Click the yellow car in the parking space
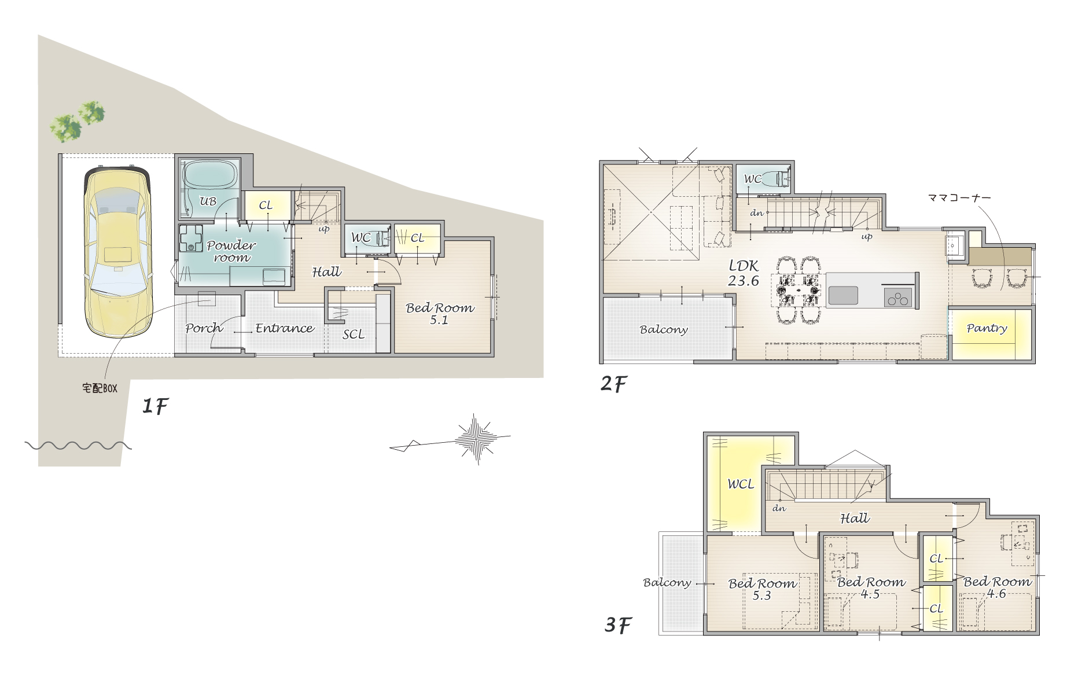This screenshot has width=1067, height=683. point(118,254)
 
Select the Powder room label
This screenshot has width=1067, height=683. point(231,251)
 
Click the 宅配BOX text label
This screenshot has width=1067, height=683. point(100,388)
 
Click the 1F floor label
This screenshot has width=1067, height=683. point(155,406)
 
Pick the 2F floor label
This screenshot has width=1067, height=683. point(614,383)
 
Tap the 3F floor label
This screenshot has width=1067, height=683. point(618,625)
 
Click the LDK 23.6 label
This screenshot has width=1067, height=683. point(744,273)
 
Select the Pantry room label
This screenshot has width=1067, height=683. point(987,328)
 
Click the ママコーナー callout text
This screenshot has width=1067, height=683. point(959,197)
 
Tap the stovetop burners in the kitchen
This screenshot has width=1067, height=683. point(897,298)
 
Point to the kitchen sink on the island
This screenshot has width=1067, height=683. point(843,295)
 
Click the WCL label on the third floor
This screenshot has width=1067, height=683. point(741,484)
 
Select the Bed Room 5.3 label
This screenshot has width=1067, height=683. point(763,589)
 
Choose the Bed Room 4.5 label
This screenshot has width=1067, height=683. point(871,587)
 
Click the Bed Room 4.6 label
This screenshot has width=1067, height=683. point(997,587)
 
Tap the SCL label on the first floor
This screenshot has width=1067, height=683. point(354,334)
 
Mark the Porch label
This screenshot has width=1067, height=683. point(204,328)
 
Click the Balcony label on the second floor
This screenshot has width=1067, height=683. point(664,329)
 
